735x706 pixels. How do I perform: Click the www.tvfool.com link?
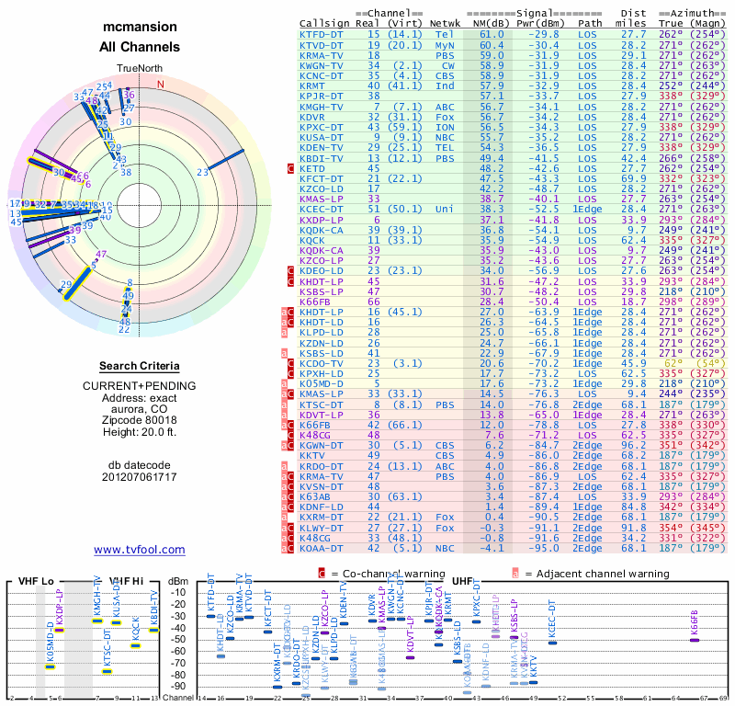pyautogui.click(x=140, y=550)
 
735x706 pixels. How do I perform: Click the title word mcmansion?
pyautogui.click(x=140, y=28)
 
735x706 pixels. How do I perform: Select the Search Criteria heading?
pyautogui.click(x=140, y=366)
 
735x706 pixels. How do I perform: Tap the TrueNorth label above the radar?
pyautogui.click(x=140, y=68)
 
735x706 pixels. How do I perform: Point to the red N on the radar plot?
pyautogui.click(x=161, y=84)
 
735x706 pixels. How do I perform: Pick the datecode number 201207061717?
pyautogui.click(x=140, y=476)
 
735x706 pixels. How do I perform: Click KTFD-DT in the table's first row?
pyautogui.click(x=322, y=34)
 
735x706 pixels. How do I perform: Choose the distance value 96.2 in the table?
pyautogui.click(x=634, y=445)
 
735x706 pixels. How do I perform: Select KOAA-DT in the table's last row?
pyautogui.click(x=322, y=548)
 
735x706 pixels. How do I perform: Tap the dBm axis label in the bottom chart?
pyautogui.click(x=177, y=581)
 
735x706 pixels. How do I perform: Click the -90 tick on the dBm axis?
pyautogui.click(x=177, y=686)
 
